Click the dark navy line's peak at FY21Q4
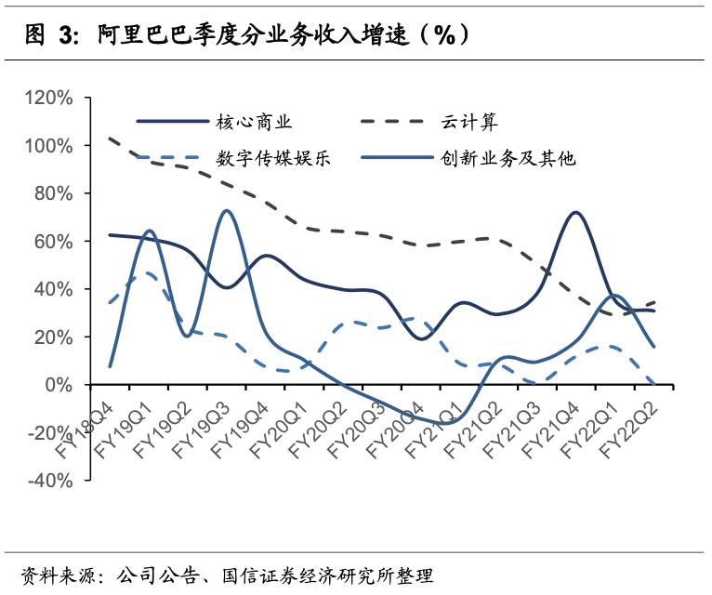point(576,213)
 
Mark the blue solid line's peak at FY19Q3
point(227,211)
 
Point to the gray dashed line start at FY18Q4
point(111,139)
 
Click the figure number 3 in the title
point(67,35)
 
